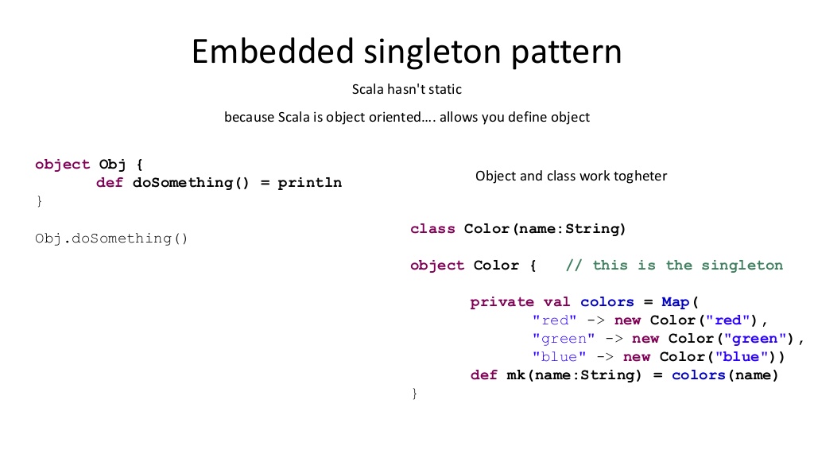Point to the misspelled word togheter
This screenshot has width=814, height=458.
click(641, 176)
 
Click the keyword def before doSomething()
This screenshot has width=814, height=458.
click(110, 183)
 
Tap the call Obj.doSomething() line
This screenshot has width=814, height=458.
click(111, 238)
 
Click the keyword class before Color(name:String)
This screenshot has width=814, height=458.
click(432, 229)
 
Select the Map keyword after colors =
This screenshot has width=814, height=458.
click(675, 302)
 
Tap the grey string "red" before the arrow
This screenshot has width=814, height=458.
click(555, 320)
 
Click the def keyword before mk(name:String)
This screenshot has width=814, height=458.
click(483, 375)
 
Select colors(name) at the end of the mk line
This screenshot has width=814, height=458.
click(725, 375)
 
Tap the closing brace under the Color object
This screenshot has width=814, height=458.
click(413, 394)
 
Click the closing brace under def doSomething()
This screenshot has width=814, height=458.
click(38, 201)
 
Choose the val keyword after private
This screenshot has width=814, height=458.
click(556, 302)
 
